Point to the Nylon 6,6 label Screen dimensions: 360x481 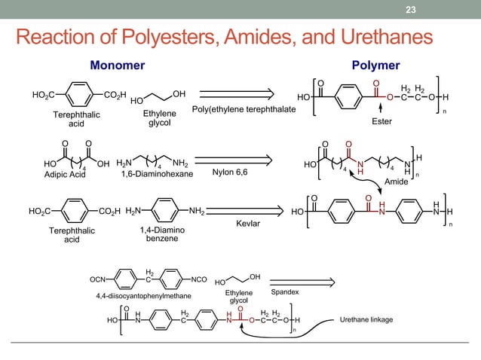click(x=230, y=172)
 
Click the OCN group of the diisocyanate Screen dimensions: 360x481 click(x=98, y=279)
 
